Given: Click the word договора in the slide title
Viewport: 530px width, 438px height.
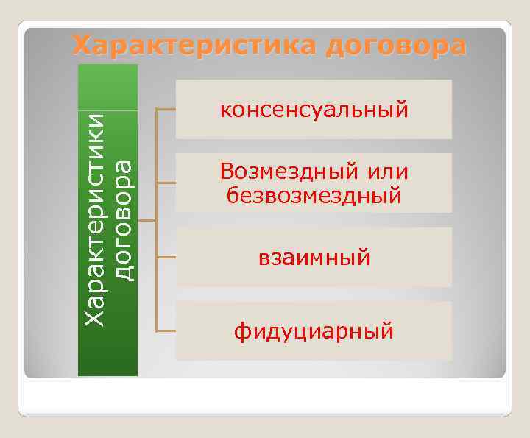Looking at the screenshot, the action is [396, 46].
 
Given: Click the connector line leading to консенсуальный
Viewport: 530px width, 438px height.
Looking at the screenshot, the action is [166, 109].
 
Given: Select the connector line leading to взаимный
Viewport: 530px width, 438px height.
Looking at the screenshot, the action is [166, 257].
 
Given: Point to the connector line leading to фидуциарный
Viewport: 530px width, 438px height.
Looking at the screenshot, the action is [166, 331].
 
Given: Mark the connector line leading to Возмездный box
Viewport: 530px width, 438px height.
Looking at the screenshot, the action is [166, 183].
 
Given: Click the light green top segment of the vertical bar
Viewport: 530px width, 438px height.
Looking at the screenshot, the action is [108, 87].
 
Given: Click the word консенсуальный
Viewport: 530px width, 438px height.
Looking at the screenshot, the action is [314, 110].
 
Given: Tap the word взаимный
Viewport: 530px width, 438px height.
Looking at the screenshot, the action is [314, 258].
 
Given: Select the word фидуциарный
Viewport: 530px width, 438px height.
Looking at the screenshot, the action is [314, 332].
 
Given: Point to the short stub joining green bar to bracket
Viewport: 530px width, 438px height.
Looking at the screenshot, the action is [147, 220].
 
